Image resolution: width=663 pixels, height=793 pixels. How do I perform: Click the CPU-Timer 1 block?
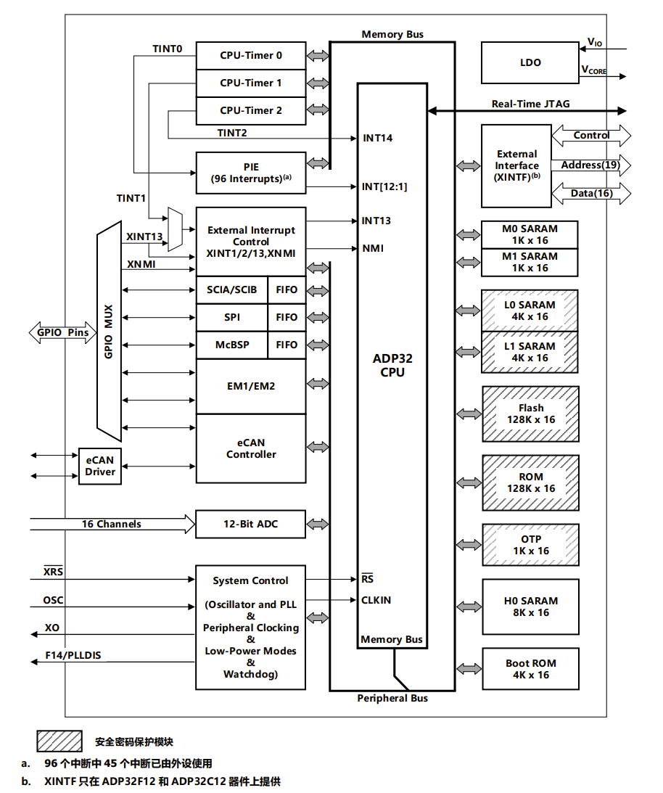(x=251, y=83)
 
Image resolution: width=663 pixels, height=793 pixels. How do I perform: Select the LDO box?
(x=530, y=62)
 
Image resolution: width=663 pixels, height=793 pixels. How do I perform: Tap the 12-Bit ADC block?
(x=250, y=524)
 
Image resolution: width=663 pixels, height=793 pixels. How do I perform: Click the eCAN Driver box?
(x=100, y=466)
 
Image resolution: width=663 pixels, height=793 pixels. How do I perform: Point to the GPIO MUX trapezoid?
(x=110, y=332)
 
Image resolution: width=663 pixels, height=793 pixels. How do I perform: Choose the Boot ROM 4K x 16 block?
(x=530, y=669)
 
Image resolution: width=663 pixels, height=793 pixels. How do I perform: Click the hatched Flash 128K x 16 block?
(x=530, y=414)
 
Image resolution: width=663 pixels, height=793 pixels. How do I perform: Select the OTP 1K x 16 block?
(x=530, y=545)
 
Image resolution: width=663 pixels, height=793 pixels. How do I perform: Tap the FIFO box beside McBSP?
(x=287, y=345)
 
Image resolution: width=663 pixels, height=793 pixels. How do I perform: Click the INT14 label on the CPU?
(x=377, y=138)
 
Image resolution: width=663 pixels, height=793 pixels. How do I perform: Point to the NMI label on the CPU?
(x=373, y=248)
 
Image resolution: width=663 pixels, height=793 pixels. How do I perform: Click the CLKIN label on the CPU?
(x=376, y=600)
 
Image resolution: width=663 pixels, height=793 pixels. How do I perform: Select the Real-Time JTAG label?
(x=530, y=104)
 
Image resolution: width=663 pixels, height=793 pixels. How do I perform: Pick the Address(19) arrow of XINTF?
(x=590, y=165)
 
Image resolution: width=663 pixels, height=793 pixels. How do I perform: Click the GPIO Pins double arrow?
(x=62, y=332)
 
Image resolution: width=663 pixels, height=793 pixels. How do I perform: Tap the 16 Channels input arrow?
(x=112, y=524)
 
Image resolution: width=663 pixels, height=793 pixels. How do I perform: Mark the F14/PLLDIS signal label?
(x=73, y=655)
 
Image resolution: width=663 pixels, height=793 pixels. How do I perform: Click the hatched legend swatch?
(x=59, y=741)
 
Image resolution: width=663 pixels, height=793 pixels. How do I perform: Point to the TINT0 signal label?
(x=168, y=49)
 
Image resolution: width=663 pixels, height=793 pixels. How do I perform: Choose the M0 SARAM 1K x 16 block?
(x=530, y=234)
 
